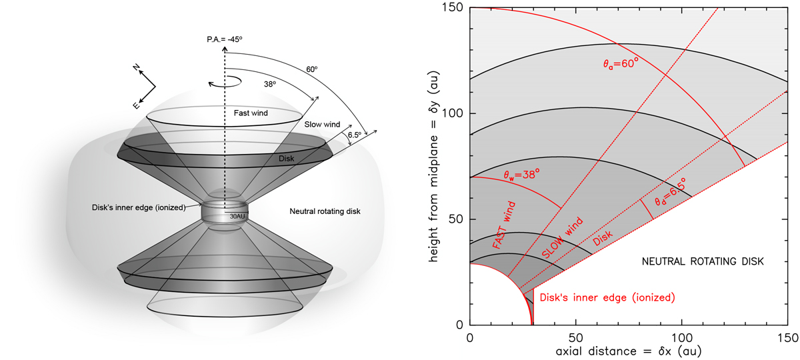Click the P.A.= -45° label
224,39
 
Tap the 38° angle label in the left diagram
270,84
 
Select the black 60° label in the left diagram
311,69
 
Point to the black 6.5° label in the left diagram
355,135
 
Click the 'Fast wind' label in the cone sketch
251,113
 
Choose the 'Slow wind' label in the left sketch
322,124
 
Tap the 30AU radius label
237,217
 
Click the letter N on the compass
136,67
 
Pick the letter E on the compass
136,105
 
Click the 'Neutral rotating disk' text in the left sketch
325,211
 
